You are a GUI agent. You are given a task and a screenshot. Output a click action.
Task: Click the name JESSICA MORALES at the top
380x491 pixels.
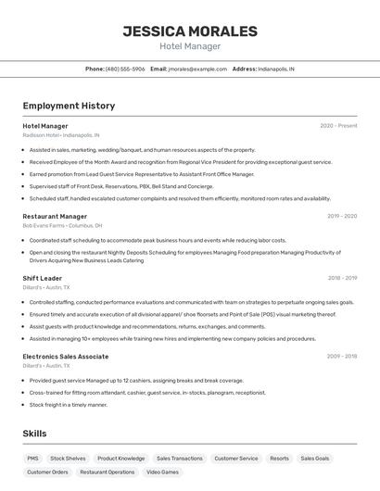(x=190, y=31)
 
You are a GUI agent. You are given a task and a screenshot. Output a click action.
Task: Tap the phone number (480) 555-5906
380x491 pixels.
(x=125, y=69)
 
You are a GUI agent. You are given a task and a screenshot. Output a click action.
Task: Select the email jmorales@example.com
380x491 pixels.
(x=196, y=69)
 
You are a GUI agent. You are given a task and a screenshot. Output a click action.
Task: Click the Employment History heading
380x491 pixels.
(x=69, y=107)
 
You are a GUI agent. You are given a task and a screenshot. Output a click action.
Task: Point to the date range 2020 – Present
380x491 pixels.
(x=338, y=126)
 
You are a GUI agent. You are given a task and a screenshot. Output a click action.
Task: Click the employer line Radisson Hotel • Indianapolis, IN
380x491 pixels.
(x=61, y=135)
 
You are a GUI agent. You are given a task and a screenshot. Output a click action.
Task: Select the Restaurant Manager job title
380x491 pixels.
(x=55, y=216)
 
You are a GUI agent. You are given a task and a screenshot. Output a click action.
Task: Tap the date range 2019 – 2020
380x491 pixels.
(x=342, y=216)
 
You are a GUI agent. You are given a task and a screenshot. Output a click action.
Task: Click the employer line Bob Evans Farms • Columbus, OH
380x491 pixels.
(x=62, y=225)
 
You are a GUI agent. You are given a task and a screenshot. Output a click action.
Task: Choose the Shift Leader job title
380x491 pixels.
(x=43, y=278)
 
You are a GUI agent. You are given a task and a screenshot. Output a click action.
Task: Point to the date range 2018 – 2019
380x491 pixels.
(x=342, y=278)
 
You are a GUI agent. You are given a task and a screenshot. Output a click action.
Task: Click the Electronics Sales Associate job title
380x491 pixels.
(x=66, y=356)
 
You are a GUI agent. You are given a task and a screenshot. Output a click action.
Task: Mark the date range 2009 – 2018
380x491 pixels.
(x=342, y=356)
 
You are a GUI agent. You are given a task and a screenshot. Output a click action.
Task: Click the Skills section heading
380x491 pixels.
(x=35, y=434)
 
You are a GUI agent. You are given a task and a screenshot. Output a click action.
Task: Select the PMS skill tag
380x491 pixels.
(x=33, y=459)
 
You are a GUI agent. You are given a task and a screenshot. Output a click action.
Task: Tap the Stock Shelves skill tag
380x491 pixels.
(x=68, y=459)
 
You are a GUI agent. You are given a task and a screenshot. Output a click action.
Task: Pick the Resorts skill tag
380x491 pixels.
(x=279, y=459)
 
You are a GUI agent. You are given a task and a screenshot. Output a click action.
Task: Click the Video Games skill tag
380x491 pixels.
(x=163, y=472)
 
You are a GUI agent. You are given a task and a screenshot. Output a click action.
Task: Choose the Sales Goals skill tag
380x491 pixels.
(x=315, y=459)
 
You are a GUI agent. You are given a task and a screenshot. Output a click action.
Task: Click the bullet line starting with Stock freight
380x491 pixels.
(x=69, y=405)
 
